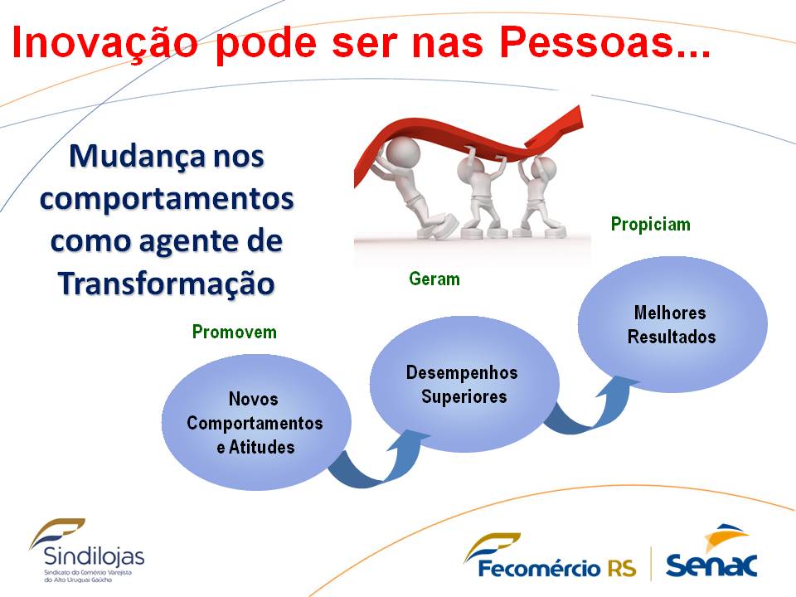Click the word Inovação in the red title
click(x=105, y=42)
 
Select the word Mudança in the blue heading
click(x=137, y=157)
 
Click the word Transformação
click(x=167, y=284)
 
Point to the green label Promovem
click(x=235, y=332)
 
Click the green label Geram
click(x=434, y=279)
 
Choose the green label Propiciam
click(x=651, y=225)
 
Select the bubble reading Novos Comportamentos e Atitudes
click(x=256, y=422)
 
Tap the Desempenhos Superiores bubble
click(x=464, y=384)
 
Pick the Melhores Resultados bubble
click(x=672, y=324)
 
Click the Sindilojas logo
click(x=87, y=551)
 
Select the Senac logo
click(x=711, y=552)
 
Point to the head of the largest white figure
click(x=403, y=151)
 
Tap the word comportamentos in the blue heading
click(x=167, y=199)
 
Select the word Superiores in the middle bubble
click(x=464, y=396)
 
